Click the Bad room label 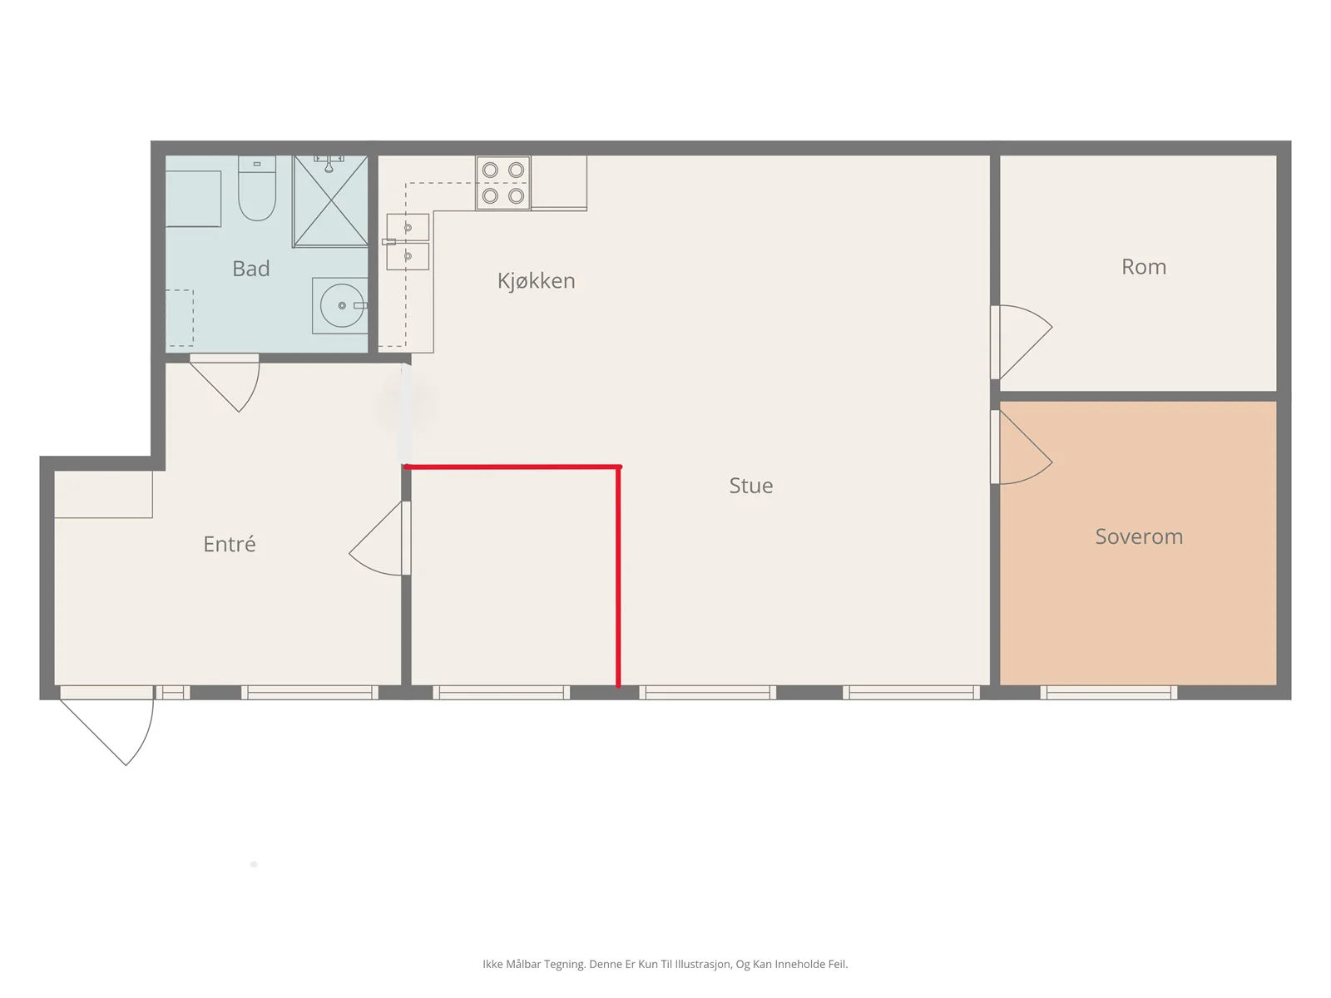tap(250, 269)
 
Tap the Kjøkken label tap(536, 280)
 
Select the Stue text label tap(750, 486)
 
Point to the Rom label tap(1144, 267)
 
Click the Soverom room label tap(1139, 536)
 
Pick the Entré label tap(230, 544)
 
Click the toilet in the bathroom tap(257, 188)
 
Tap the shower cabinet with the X tap(330, 201)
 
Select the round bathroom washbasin tap(341, 305)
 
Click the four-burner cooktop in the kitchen tap(503, 183)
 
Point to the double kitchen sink tap(408, 241)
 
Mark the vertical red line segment tap(619, 577)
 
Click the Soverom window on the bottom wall tap(1109, 693)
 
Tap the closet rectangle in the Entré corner tap(104, 495)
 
